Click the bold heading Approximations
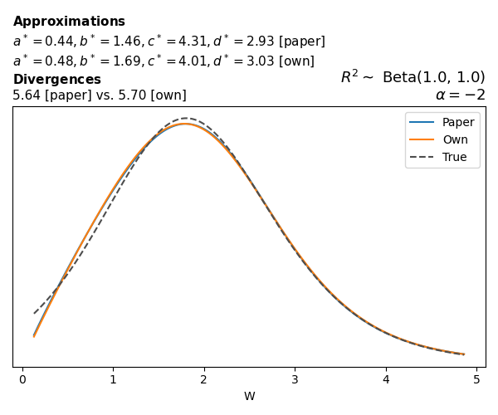coord(69,22)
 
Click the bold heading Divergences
coord(56,80)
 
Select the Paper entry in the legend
coord(457,122)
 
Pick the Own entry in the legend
coord(455,139)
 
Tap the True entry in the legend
coord(454,157)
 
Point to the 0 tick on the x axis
coord(22,380)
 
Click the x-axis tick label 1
coord(113,380)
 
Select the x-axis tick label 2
coord(204,380)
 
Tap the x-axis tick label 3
coord(295,380)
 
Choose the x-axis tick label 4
coord(385,380)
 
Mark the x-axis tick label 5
coord(476,380)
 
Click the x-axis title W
coord(249,397)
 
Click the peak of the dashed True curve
coord(186,118)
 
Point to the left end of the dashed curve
coord(34,313)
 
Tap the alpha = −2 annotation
coord(460,95)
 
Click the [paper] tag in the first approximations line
coord(302,41)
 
